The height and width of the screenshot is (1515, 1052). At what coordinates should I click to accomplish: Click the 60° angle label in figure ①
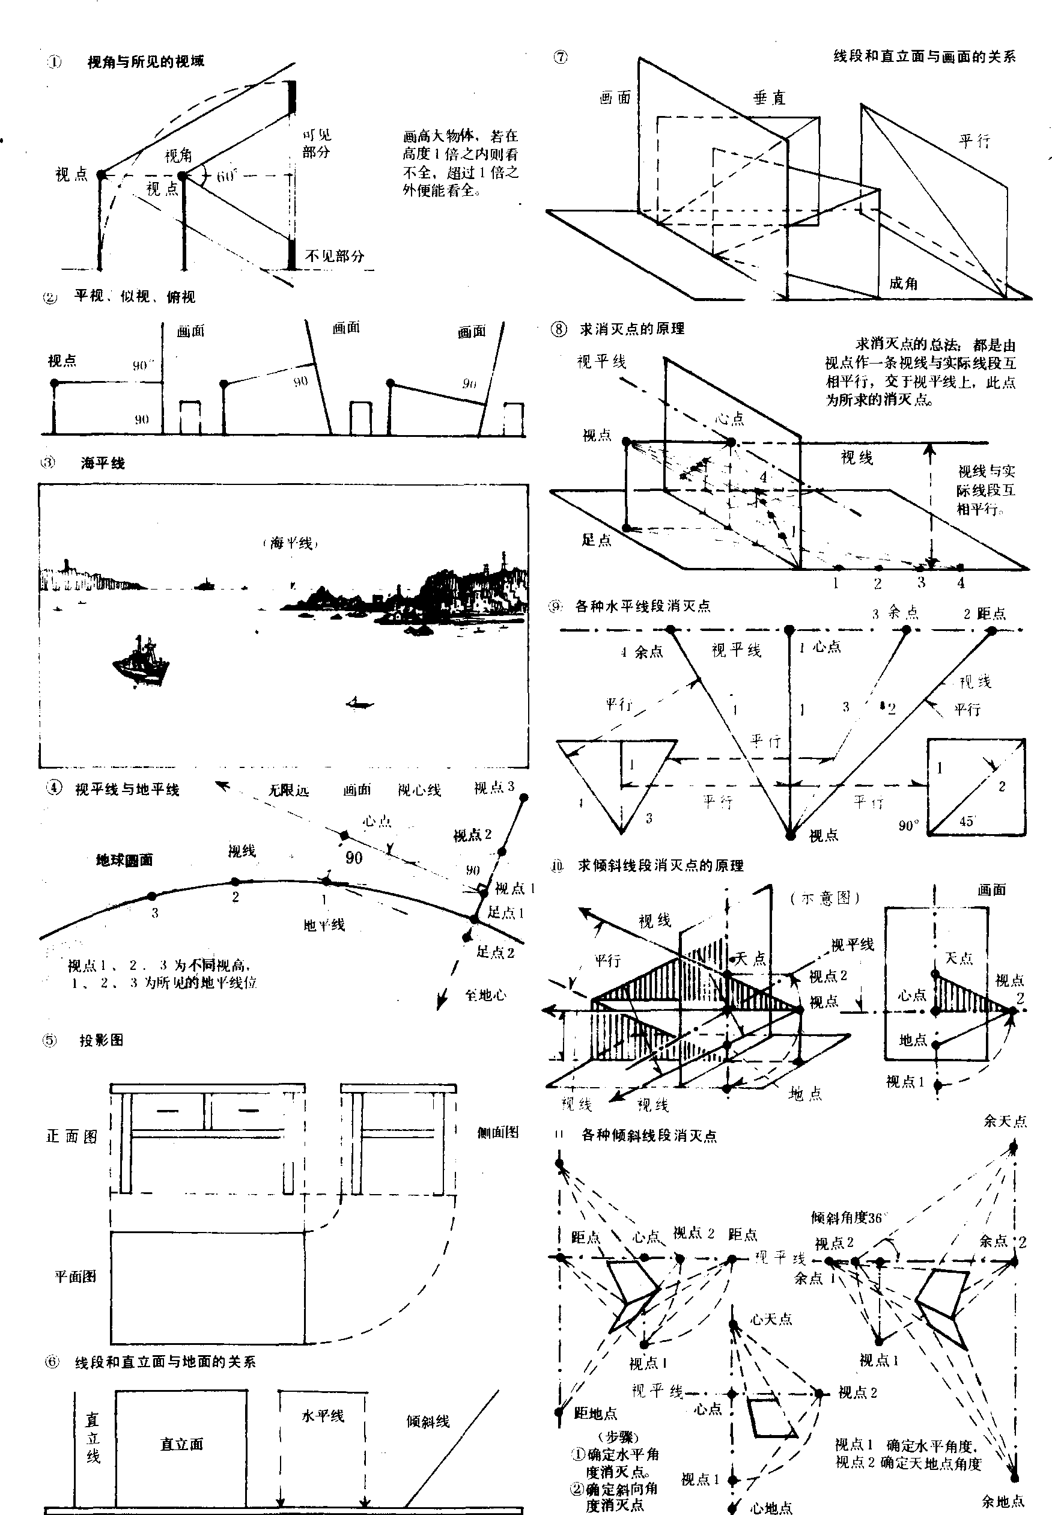(226, 176)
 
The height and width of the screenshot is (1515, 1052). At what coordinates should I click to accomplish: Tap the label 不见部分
(334, 256)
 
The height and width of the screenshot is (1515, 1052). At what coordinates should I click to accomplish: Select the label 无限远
(288, 790)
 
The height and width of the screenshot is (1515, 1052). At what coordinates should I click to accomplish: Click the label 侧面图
(497, 1133)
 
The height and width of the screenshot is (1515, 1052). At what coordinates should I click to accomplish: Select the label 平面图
(75, 1276)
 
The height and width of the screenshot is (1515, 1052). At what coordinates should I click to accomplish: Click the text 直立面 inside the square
(181, 1444)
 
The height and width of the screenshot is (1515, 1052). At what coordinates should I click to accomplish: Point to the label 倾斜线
(428, 1421)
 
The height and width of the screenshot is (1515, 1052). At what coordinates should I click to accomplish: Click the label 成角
(903, 283)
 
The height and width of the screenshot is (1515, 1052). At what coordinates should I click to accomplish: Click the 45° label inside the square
(966, 821)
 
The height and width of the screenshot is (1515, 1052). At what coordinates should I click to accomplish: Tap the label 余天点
(1005, 1121)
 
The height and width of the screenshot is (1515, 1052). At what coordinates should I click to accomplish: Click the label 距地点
(595, 1412)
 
